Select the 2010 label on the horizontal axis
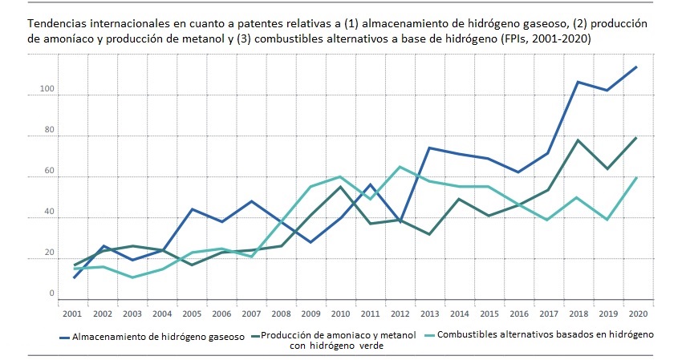coord(340,313)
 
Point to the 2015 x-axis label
coord(489,313)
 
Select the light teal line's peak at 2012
coord(400,167)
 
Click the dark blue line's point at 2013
coord(429,148)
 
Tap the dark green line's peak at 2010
coord(340,187)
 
